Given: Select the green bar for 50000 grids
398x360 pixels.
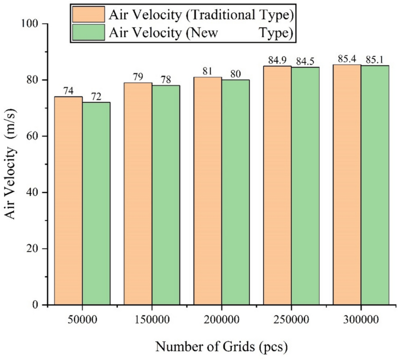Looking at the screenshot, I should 96,204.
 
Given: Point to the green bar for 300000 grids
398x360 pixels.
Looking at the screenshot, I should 375,185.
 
